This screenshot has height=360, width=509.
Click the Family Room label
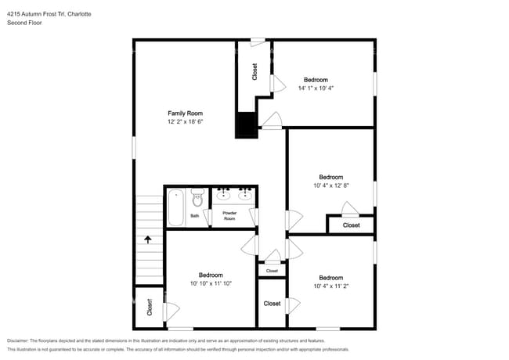[x=185, y=113]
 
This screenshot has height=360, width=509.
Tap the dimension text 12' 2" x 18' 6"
[x=185, y=121]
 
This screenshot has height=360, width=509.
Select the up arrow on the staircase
[x=148, y=239]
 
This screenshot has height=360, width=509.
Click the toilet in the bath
[x=197, y=197]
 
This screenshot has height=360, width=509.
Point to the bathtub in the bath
[x=175, y=207]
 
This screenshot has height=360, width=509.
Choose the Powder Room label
[x=229, y=216]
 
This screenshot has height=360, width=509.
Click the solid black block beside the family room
[x=247, y=125]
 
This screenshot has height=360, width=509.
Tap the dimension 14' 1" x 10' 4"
[x=316, y=88]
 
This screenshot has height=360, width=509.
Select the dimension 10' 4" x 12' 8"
[x=331, y=185]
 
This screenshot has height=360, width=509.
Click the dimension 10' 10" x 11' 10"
[x=211, y=283]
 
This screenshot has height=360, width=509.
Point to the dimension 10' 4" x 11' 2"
[x=331, y=286]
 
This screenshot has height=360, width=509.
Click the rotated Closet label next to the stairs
[x=150, y=307]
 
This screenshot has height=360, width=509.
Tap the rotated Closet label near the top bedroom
[x=254, y=72]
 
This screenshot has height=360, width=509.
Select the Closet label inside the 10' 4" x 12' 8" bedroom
[x=352, y=225]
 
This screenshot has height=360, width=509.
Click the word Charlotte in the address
[x=79, y=14]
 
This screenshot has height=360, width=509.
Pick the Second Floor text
[x=25, y=23]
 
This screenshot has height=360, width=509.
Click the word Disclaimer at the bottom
[x=18, y=340]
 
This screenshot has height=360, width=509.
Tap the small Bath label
[x=194, y=216]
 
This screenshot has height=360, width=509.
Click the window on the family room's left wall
[x=134, y=148]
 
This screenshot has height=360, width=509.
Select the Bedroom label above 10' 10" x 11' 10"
[x=211, y=275]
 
